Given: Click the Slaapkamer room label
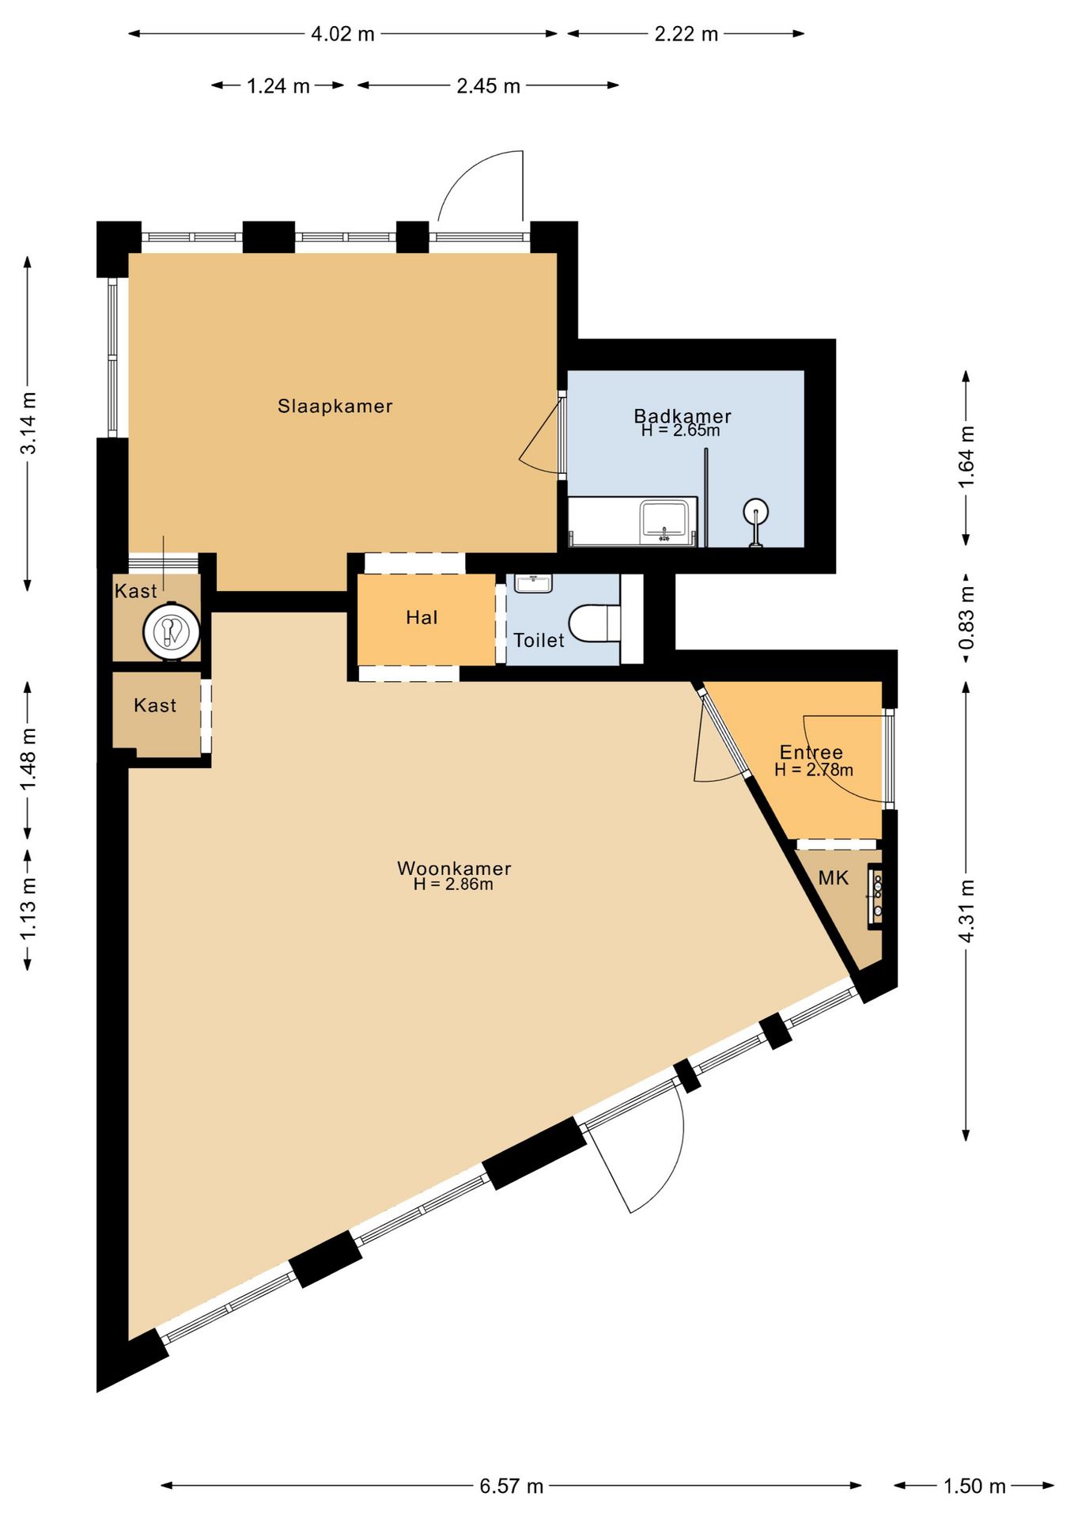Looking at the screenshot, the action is click(335, 407).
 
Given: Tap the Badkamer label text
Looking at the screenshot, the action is click(683, 415).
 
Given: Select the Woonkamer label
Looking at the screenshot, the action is click(454, 868).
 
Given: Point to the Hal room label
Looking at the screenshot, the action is click(422, 617).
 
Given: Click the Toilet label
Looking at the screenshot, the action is click(539, 640).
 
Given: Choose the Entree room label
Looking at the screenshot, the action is click(811, 752).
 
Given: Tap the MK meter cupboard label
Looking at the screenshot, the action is click(834, 877).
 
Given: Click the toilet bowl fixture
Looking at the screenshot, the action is click(595, 623).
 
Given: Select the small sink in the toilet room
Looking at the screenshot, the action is click(534, 584).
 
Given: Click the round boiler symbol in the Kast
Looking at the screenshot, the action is click(172, 631).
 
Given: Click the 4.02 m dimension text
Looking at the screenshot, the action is click(342, 34).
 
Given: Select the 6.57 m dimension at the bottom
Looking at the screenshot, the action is click(512, 1486).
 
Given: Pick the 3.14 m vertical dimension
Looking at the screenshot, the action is click(28, 423).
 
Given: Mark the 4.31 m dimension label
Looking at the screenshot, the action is click(966, 911).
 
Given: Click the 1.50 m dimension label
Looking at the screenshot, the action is click(974, 1486).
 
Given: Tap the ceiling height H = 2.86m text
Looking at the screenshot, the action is click(453, 885).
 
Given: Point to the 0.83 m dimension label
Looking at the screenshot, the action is click(966, 617).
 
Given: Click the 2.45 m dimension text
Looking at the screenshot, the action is click(488, 85).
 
